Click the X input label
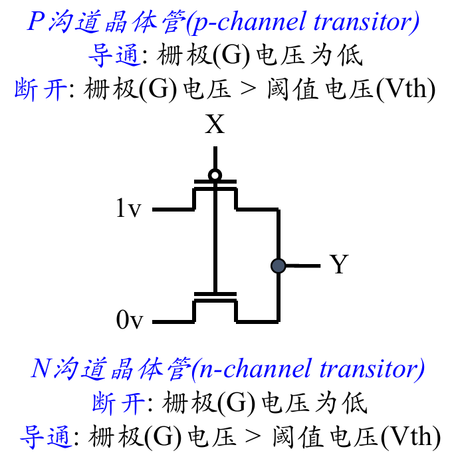coord(215,124)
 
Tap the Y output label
coord(339,264)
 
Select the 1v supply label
coord(128,208)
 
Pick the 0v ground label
coord(130,319)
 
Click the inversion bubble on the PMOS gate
coord(215,176)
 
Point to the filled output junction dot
coord(278,266)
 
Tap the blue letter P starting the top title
coord(36,21)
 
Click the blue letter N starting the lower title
coord(42,368)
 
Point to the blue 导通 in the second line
coord(114,55)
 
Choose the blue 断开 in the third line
coord(41,89)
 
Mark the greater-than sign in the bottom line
coord(253,436)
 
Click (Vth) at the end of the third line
coord(405,89)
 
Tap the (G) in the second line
coord(231,55)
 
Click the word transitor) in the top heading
coord(366,22)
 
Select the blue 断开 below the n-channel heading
coord(118,403)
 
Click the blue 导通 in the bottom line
coord(46,436)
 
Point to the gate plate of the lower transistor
coord(215,294)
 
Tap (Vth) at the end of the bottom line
coord(411,437)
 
